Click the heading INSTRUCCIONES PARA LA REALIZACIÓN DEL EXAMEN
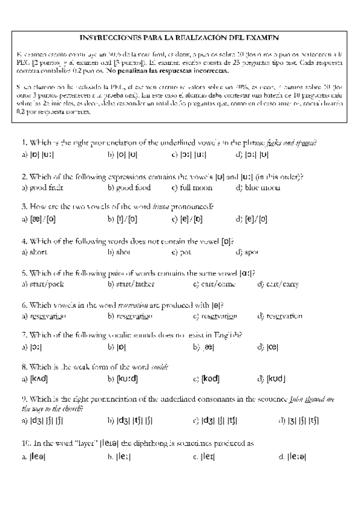click(180, 37)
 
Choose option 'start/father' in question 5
click(129, 284)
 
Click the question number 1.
click(24, 143)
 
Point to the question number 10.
click(26, 443)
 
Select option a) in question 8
click(35, 379)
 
